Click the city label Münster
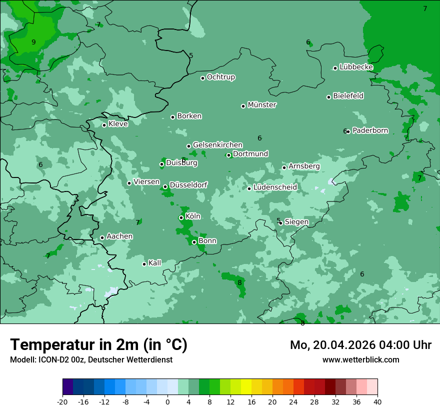(261, 105)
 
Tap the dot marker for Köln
(181, 217)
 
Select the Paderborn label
(370, 130)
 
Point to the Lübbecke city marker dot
(335, 68)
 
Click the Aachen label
(119, 236)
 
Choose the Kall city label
(154, 262)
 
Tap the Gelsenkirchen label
(217, 145)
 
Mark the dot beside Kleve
(104, 125)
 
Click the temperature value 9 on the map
(33, 42)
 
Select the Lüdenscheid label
(275, 187)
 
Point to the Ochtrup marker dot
(202, 78)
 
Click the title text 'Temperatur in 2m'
(75, 344)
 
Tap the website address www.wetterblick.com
(360, 359)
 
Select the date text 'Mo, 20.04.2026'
(335, 345)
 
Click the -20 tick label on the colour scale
(62, 401)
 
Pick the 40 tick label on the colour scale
(377, 401)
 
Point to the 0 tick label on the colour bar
(167, 401)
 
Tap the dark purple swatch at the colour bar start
(67, 387)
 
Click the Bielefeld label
(348, 95)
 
